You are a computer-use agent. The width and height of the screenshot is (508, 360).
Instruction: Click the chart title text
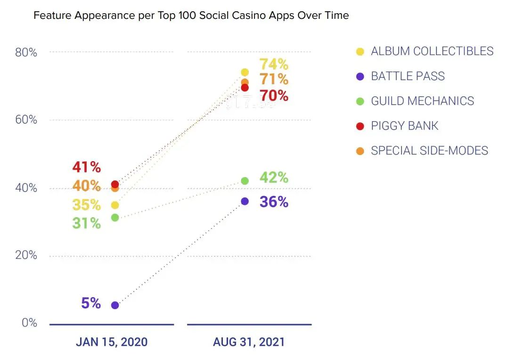[x=191, y=16]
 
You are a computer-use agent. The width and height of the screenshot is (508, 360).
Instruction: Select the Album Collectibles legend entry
[x=432, y=51]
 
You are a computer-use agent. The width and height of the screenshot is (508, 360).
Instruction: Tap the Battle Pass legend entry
[x=407, y=76]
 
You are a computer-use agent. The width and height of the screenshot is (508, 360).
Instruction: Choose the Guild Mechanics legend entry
[x=422, y=101]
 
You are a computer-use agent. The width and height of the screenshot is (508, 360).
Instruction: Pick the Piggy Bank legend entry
[x=404, y=126]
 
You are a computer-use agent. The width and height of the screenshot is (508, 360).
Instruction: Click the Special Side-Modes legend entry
[x=429, y=151]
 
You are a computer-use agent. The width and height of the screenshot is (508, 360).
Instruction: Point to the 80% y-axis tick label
[x=26, y=52]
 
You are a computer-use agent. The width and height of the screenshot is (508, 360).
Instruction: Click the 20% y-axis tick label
[x=26, y=255]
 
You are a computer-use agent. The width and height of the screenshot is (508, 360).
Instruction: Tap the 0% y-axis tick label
[x=28, y=323]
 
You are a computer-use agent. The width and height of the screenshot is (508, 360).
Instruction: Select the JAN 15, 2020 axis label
[x=112, y=342]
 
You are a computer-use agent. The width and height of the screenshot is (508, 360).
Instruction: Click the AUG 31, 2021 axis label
[x=249, y=342]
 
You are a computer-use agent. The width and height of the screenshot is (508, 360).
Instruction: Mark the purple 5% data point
[x=115, y=305]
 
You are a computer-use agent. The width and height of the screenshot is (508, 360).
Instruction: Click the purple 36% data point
[x=245, y=201]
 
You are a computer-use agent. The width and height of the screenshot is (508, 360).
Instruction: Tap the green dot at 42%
[x=245, y=180]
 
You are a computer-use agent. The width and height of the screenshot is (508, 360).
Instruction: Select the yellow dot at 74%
[x=245, y=72]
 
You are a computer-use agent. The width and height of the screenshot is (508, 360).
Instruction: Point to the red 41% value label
[x=86, y=167]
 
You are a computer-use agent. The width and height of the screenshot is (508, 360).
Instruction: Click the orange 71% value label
[x=274, y=79]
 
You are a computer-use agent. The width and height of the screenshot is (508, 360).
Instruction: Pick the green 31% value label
[x=86, y=223]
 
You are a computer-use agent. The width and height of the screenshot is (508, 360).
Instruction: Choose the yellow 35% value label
[x=86, y=205]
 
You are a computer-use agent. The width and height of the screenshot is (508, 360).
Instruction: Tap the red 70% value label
[x=274, y=96]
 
